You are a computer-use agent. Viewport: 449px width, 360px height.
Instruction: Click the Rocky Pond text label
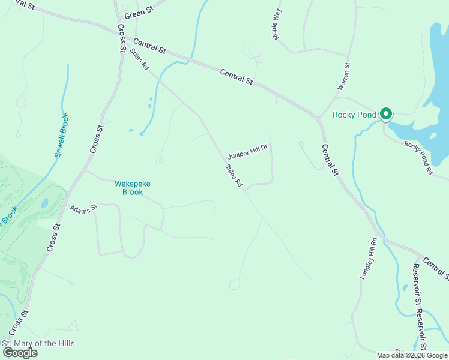pyautogui.click(x=355, y=115)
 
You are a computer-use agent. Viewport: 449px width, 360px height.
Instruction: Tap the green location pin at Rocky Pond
pyautogui.click(x=386, y=113)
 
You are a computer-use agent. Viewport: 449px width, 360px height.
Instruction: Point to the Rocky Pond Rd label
pyautogui.click(x=418, y=158)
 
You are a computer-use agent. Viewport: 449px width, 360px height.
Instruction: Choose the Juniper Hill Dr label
pyautogui.click(x=251, y=151)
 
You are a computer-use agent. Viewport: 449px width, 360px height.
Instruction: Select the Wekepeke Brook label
pyautogui.click(x=128, y=188)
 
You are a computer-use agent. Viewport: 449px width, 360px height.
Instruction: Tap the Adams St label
pyautogui.click(x=83, y=209)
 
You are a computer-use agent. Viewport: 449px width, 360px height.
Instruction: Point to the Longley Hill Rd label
pyautogui.click(x=369, y=258)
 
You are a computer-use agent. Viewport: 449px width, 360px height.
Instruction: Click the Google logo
pyautogui.click(x=20, y=353)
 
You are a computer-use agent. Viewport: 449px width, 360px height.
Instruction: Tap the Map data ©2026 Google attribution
pyautogui.click(x=412, y=355)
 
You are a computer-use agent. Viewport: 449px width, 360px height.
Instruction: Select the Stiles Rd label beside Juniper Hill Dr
pyautogui.click(x=234, y=176)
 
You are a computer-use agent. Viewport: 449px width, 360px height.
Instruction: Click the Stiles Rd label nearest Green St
pyautogui.click(x=140, y=59)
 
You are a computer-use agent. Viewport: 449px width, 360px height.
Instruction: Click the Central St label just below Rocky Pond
pyautogui.click(x=330, y=160)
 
